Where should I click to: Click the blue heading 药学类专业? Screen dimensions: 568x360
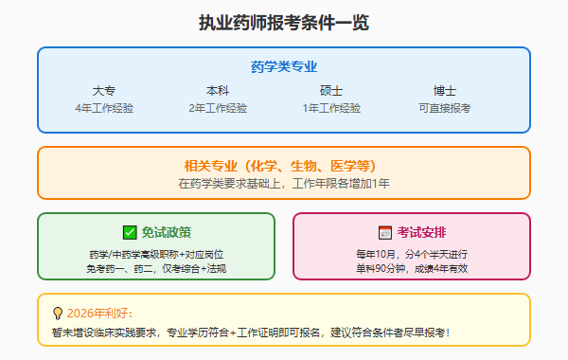pyautogui.click(x=284, y=66)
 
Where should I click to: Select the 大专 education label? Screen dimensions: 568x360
pyautogui.click(x=104, y=91)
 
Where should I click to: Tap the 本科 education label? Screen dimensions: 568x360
pyautogui.click(x=218, y=91)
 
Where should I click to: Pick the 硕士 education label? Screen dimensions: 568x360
pyautogui.click(x=331, y=91)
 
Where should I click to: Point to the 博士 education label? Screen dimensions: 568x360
pyautogui.click(x=445, y=91)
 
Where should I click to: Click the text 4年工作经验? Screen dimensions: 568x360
pyautogui.click(x=104, y=108)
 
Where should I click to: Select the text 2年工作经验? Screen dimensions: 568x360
pyautogui.click(x=218, y=108)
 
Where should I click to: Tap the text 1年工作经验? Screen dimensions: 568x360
pyautogui.click(x=331, y=108)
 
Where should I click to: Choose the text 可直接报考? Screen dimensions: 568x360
pyautogui.click(x=445, y=108)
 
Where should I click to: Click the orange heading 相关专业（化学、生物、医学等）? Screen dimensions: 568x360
pyautogui.click(x=284, y=165)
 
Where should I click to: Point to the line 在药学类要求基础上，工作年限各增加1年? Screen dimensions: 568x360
pyautogui.click(x=284, y=183)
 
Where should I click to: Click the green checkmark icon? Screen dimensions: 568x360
pyautogui.click(x=130, y=232)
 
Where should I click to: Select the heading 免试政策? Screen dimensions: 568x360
pyautogui.click(x=167, y=232)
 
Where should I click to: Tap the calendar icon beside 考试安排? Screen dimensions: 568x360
pyautogui.click(x=385, y=232)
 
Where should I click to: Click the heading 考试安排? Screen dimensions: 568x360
pyautogui.click(x=422, y=232)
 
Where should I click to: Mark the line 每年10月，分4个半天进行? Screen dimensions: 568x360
pyautogui.click(x=412, y=254)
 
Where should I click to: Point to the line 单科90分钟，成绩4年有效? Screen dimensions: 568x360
pyautogui.click(x=412, y=268)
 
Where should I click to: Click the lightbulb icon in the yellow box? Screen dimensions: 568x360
pyautogui.click(x=58, y=313)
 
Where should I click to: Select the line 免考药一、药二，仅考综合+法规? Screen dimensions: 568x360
pyautogui.click(x=156, y=268)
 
